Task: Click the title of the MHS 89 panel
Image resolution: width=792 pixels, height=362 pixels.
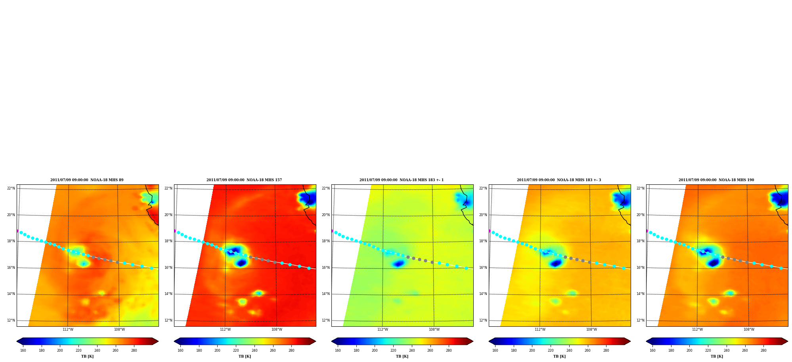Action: tap(87, 180)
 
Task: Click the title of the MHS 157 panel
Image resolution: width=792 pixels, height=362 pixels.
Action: tap(244, 180)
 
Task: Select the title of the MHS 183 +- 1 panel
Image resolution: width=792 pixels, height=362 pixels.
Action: tap(402, 180)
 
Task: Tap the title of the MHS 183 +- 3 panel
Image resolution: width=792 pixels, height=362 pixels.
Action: tap(559, 180)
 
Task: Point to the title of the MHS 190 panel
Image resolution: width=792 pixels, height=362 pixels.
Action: tap(716, 180)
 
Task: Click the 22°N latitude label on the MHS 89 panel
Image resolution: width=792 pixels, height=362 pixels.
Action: tap(11, 188)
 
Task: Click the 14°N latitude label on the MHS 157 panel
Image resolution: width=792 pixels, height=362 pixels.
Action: tap(168, 294)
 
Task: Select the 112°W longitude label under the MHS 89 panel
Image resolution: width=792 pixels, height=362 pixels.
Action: tap(68, 329)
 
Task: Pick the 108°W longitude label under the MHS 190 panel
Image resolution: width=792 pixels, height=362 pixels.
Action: tap(749, 329)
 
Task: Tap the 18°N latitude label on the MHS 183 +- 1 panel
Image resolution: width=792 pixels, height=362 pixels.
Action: tap(326, 241)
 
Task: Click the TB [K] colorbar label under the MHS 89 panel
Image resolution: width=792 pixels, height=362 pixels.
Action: tap(88, 356)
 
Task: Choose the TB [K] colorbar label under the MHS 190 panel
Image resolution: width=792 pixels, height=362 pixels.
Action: tap(717, 356)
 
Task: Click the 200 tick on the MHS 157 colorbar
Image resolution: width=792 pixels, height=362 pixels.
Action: tap(217, 351)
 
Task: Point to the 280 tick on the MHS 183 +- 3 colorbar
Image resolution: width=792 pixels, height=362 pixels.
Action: tap(606, 351)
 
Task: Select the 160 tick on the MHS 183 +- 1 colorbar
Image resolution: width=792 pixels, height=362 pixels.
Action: tap(338, 351)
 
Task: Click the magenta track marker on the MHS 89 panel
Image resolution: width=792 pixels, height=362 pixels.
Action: tap(17, 231)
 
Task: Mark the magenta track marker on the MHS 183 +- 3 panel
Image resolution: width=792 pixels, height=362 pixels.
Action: tap(490, 231)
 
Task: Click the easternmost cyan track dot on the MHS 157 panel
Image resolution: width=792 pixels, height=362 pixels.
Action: tap(309, 268)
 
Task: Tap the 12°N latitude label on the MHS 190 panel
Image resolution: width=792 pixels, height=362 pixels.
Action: tap(641, 320)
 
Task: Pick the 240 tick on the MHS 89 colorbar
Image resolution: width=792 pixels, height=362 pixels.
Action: tap(97, 351)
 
